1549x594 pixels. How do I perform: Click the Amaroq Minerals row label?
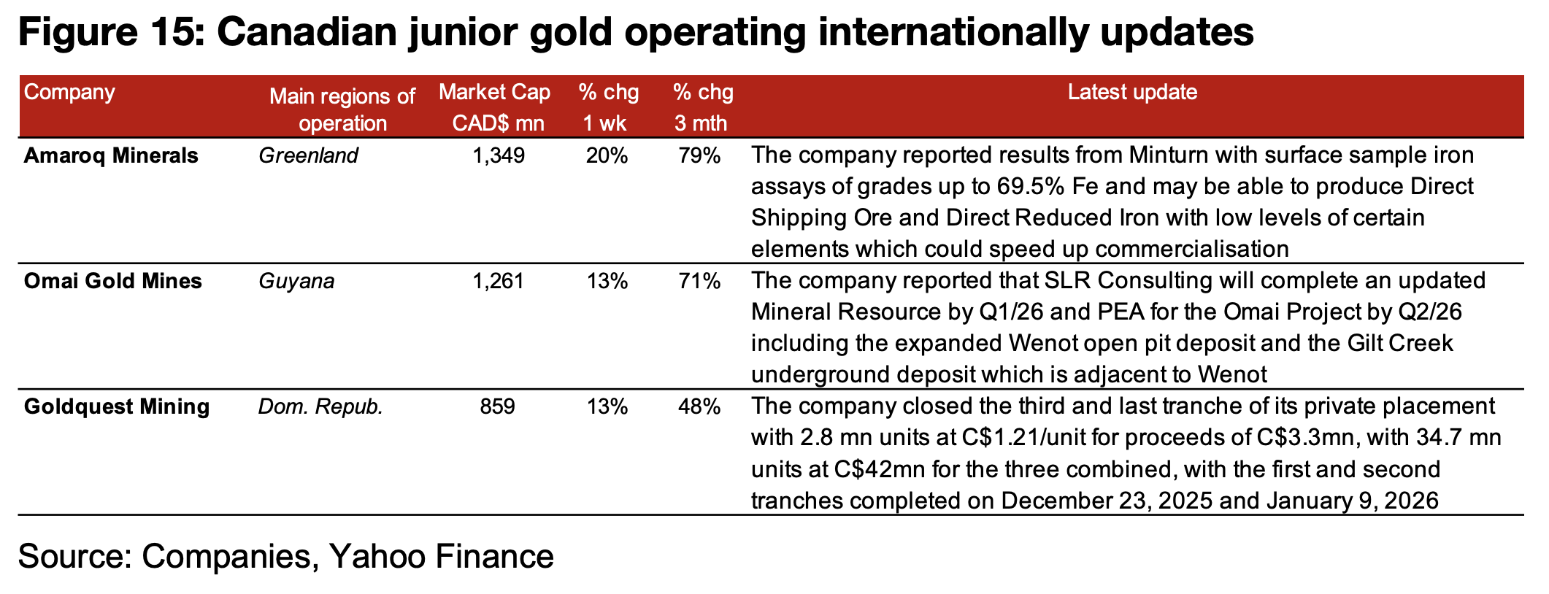(111, 155)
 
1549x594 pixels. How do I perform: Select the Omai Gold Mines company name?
(113, 281)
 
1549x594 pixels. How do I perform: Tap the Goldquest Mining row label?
(117, 406)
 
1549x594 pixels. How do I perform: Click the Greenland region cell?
(308, 155)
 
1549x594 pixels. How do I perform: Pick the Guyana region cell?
(296, 281)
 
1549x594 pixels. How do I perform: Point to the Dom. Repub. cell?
(320, 406)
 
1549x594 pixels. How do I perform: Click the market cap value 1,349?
(499, 155)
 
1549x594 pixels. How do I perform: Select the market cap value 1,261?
(499, 281)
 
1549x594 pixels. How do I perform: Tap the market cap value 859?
(498, 406)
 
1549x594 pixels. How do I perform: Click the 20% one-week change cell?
(607, 155)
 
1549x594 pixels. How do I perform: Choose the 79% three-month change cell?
(700, 155)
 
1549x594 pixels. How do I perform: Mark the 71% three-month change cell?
(700, 281)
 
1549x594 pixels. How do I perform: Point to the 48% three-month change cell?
(700, 406)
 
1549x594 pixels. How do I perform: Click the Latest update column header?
(1132, 93)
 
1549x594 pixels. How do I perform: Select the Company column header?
(69, 93)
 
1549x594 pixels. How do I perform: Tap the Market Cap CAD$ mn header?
(496, 107)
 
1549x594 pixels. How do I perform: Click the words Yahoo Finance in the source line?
(442, 556)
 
